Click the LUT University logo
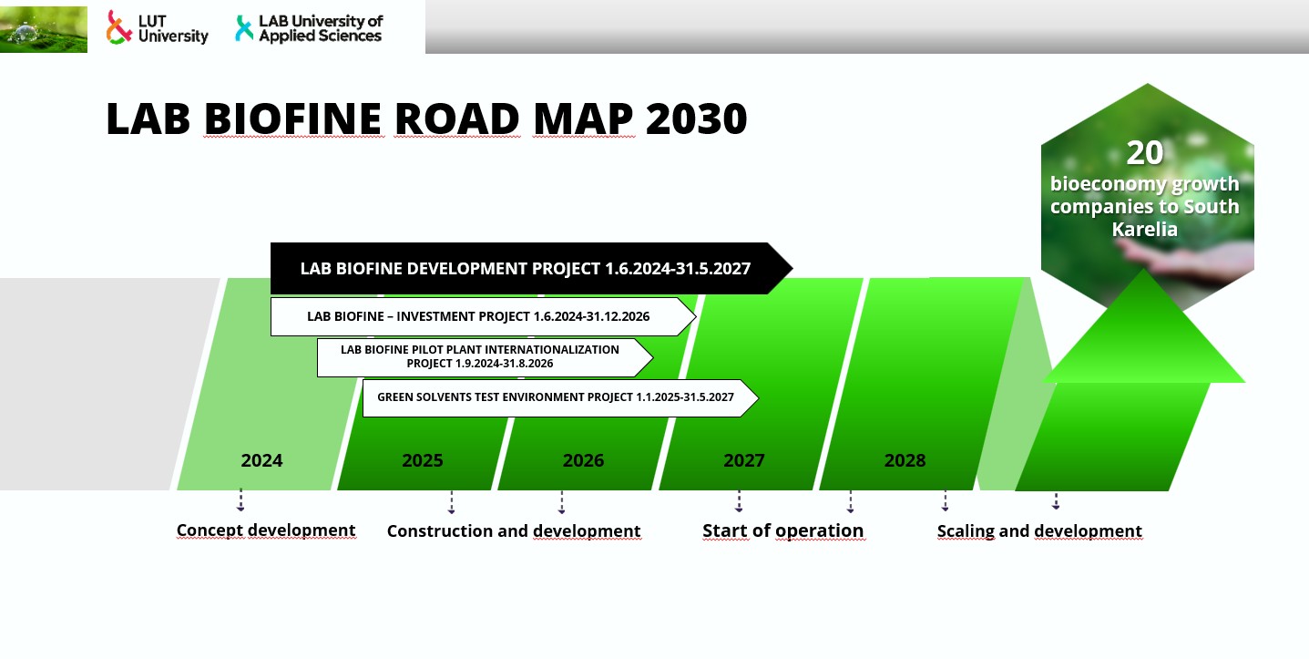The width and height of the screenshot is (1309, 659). point(158,27)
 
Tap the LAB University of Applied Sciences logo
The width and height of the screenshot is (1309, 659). point(309,28)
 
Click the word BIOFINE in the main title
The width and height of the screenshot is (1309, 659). point(294,118)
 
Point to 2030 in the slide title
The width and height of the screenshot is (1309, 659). point(697,118)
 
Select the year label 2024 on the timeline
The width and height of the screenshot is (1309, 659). point(261,461)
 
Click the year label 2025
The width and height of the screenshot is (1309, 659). point(423,461)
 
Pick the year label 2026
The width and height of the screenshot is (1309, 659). point(583,461)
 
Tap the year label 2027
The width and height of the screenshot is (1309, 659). point(744,461)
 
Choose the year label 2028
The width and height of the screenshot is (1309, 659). point(905,461)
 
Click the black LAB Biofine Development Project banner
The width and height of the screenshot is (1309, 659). point(531,268)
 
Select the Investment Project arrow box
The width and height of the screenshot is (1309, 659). point(483,316)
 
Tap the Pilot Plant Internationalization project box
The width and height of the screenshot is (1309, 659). point(485,357)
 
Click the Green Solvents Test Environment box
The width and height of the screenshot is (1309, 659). point(560,397)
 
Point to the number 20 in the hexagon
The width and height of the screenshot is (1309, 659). point(1145,153)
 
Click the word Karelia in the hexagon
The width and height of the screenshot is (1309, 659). point(1145,229)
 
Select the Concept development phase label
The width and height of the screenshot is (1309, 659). point(266,530)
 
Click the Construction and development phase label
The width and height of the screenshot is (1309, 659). point(514,531)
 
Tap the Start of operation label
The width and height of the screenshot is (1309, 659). point(783,531)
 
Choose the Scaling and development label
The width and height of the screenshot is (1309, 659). point(1039,531)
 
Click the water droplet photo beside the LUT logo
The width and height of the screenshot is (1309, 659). point(44,29)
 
